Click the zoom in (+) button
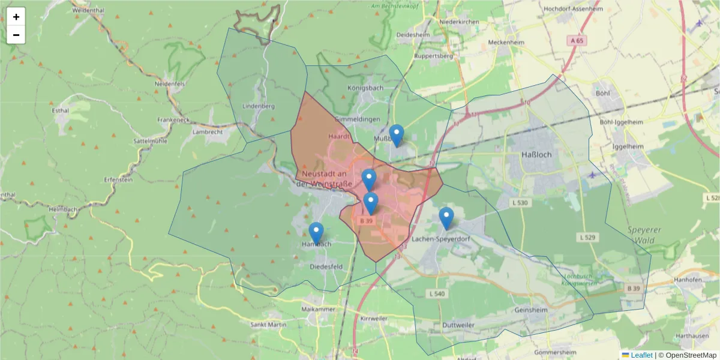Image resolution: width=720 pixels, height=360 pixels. [16, 17]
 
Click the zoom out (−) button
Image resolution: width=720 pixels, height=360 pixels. [16, 35]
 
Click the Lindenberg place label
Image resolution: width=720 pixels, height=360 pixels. [258, 106]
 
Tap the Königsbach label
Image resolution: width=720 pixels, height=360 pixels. [365, 88]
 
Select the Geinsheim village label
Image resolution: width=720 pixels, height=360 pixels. [531, 310]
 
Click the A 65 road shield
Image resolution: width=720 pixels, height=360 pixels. [577, 40]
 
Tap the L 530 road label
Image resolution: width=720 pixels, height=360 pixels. [520, 203]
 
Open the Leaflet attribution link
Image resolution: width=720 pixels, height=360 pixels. [641, 355]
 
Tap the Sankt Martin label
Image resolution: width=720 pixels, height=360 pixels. [268, 325]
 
